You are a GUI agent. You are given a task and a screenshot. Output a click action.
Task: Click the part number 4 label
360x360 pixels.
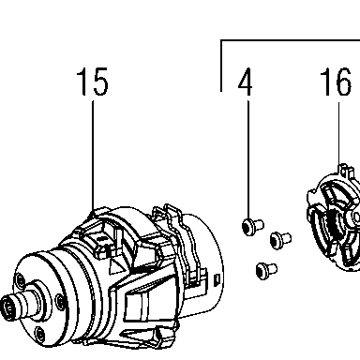[x=246, y=82]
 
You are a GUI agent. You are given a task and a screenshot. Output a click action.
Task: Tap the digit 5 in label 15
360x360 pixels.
[x=100, y=82]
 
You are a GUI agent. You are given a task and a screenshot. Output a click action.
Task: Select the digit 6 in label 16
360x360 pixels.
[x=342, y=82]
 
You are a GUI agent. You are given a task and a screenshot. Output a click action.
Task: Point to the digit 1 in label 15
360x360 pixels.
[x=83, y=82]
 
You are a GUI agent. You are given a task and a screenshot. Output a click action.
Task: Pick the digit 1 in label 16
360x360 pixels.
[x=326, y=82]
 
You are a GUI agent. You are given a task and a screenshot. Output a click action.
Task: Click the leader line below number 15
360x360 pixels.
[x=93, y=156]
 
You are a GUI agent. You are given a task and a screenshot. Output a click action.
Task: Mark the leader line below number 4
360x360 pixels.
[x=248, y=159]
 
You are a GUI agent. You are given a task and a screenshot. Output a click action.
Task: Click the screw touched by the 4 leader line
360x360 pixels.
[x=252, y=226]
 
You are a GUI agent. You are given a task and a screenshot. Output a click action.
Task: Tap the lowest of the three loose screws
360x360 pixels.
[x=266, y=270]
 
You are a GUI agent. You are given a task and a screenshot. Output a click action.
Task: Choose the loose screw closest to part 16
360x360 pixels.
[x=280, y=240]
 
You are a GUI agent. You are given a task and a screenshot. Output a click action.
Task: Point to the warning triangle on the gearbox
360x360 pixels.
[x=115, y=265]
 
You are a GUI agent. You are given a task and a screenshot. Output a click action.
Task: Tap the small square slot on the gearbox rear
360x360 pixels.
[x=217, y=279]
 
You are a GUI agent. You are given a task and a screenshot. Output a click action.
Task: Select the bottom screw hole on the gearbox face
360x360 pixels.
[x=39, y=334]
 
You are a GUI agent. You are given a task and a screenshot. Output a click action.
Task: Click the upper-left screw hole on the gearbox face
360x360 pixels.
[x=20, y=280]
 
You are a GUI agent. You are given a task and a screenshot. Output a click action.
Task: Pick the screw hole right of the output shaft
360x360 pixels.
[x=60, y=302]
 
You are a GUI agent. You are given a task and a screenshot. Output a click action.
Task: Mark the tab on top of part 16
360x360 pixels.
[x=346, y=172]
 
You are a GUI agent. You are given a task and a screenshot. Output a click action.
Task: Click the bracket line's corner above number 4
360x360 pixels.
[x=221, y=40]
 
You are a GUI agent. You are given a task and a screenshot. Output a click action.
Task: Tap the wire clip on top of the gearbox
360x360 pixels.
[x=176, y=232]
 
